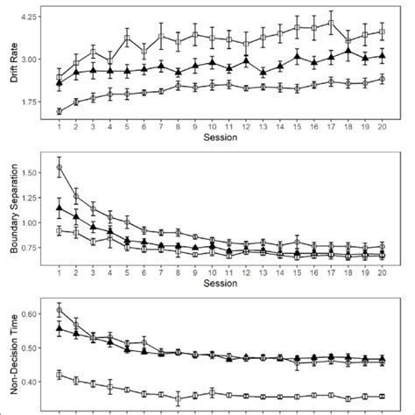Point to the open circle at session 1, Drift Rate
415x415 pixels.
pos(59,111)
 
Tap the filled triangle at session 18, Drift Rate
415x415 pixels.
pos(348,53)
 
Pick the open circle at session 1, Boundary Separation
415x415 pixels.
pos(59,167)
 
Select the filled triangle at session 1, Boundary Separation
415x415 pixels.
pos(59,208)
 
